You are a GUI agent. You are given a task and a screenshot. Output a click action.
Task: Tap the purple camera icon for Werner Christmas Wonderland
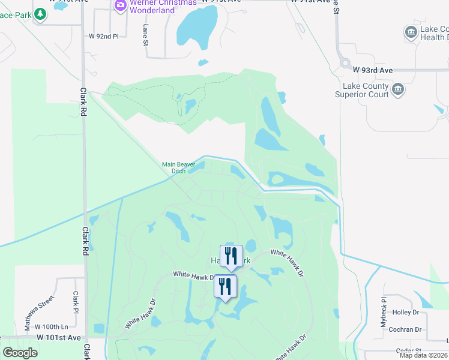(120, 5)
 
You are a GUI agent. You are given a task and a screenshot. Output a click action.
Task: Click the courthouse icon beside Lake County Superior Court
(397, 90)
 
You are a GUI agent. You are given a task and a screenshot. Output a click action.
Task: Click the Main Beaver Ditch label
(174, 167)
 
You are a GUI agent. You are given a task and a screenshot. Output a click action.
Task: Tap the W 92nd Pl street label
(104, 36)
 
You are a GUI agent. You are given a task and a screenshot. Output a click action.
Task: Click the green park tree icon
(40, 14)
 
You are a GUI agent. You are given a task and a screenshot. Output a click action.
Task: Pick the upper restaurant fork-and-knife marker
(231, 256)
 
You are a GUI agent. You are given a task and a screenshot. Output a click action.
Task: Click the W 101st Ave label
(58, 338)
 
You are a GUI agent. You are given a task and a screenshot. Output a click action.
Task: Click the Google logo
(20, 353)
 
